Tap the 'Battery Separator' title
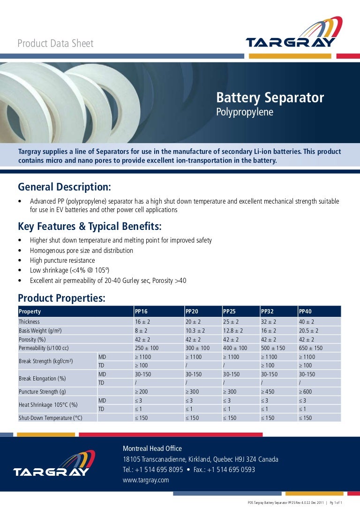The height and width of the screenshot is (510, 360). [270, 98]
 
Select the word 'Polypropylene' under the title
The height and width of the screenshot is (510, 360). [244, 113]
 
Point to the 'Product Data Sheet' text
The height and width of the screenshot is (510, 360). [55, 44]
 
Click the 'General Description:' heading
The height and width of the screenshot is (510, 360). [64, 187]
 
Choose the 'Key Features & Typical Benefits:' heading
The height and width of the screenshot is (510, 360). [90, 227]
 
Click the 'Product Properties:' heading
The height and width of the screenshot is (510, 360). [61, 298]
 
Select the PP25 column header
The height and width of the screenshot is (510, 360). [229, 312]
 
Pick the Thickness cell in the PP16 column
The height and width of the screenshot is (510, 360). [142, 322]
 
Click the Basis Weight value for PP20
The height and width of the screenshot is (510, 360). [194, 331]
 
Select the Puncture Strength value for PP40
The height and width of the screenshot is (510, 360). [305, 391]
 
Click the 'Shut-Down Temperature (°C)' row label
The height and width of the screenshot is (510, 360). [50, 418]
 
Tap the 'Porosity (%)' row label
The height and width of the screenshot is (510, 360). [32, 339]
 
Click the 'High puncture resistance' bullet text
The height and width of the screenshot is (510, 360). [62, 260]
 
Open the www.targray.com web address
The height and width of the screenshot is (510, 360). [146, 480]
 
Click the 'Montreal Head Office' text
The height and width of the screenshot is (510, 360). [152, 449]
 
